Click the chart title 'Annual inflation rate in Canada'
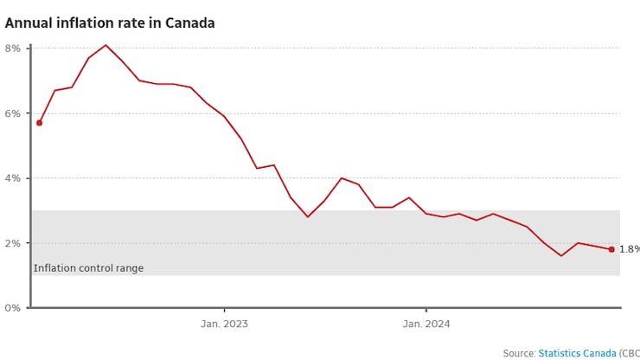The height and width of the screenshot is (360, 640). pyautogui.click(x=110, y=23)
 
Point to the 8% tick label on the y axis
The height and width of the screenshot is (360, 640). pyautogui.click(x=12, y=48)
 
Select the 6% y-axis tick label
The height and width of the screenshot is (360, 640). pyautogui.click(x=12, y=113)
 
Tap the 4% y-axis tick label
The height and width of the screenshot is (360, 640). pyautogui.click(x=12, y=178)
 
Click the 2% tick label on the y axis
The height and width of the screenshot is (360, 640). pyautogui.click(x=12, y=243)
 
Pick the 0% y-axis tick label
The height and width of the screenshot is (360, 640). pyautogui.click(x=12, y=308)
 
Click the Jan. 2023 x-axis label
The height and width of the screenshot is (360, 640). pyautogui.click(x=224, y=325)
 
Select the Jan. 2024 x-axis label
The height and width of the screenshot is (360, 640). pyautogui.click(x=426, y=325)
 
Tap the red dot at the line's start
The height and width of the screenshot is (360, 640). pyautogui.click(x=39, y=123)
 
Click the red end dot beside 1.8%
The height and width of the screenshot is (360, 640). pyautogui.click(x=611, y=249)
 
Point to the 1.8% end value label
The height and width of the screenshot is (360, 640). pyautogui.click(x=629, y=249)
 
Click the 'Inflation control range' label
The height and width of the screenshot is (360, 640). pyautogui.click(x=88, y=268)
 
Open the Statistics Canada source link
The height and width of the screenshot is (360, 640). pyautogui.click(x=577, y=353)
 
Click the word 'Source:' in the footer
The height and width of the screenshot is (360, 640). pyautogui.click(x=519, y=353)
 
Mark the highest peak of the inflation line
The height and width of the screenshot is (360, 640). pyautogui.click(x=106, y=45)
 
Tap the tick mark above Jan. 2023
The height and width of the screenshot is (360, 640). pyautogui.click(x=224, y=311)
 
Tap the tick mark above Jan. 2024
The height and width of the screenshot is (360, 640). pyautogui.click(x=426, y=311)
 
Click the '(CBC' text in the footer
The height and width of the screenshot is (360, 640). pyautogui.click(x=629, y=353)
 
